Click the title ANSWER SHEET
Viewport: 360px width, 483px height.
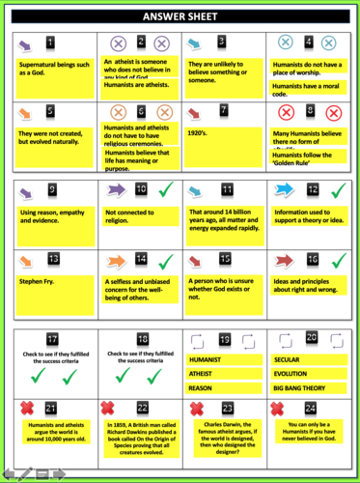pyautogui.click(x=180, y=16)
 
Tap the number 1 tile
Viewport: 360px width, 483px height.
pyautogui.click(x=52, y=43)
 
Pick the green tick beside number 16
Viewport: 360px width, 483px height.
pyautogui.click(x=338, y=260)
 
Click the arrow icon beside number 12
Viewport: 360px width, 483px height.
pyautogui.click(x=287, y=190)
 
